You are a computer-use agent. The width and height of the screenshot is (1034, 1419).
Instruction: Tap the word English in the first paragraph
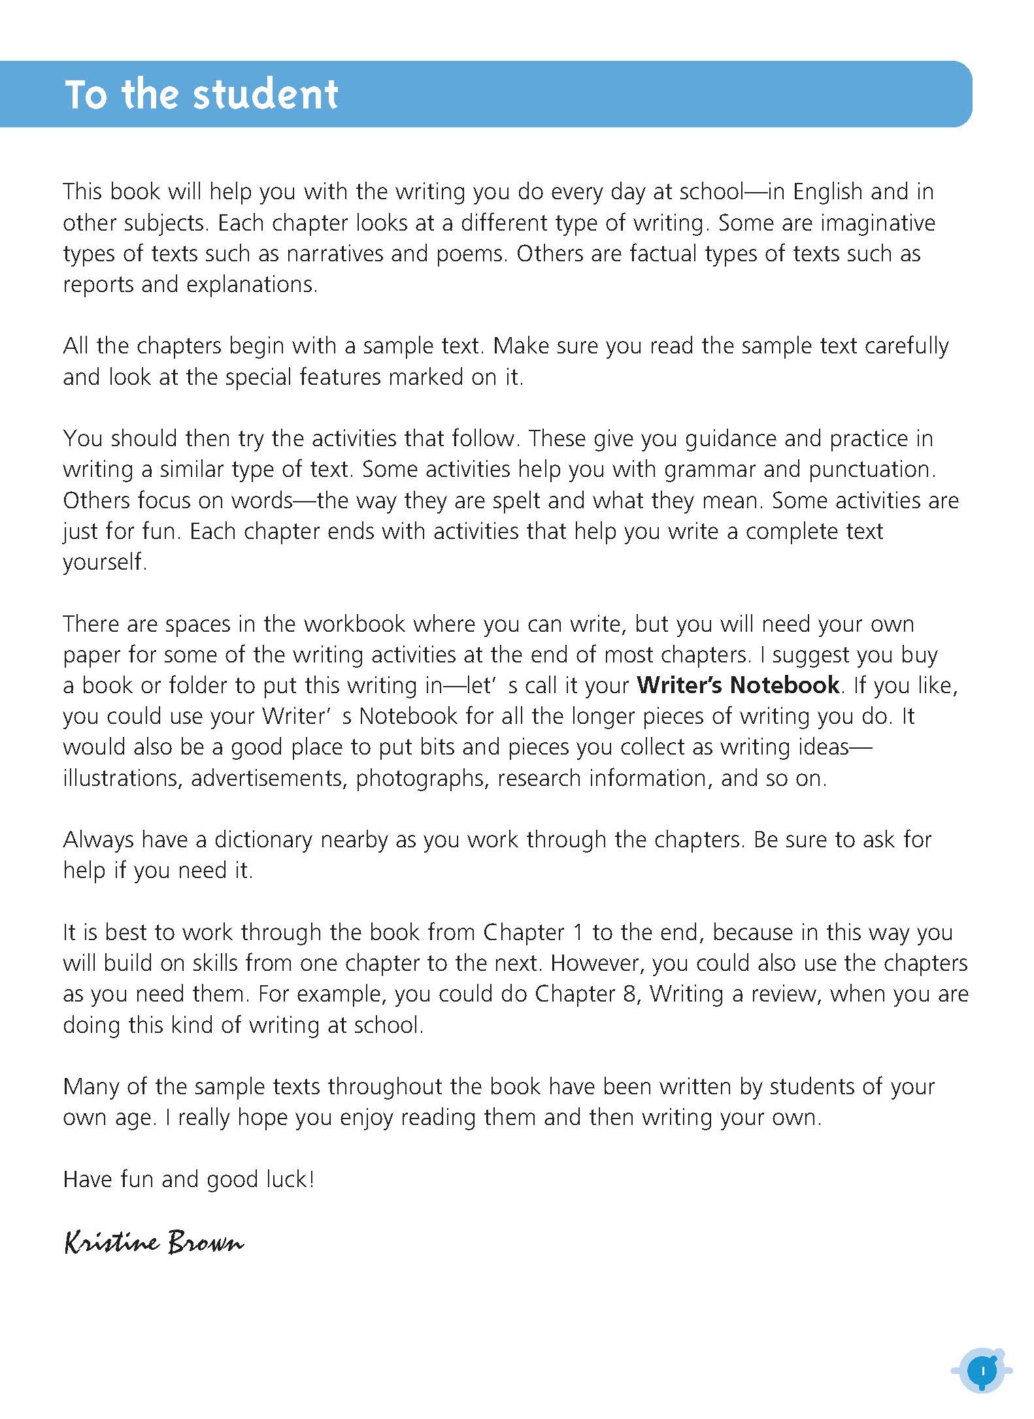point(827,192)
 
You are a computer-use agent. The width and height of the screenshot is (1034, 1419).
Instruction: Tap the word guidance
point(731,438)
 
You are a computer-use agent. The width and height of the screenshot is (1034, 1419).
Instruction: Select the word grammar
point(714,470)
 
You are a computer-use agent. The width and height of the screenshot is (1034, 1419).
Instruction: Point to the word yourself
point(105,563)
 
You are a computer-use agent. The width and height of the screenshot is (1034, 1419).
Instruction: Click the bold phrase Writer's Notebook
point(738,685)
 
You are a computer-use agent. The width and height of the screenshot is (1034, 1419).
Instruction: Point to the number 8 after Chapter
point(627,994)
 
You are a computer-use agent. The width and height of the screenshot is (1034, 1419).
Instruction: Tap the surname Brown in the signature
point(205,1242)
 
